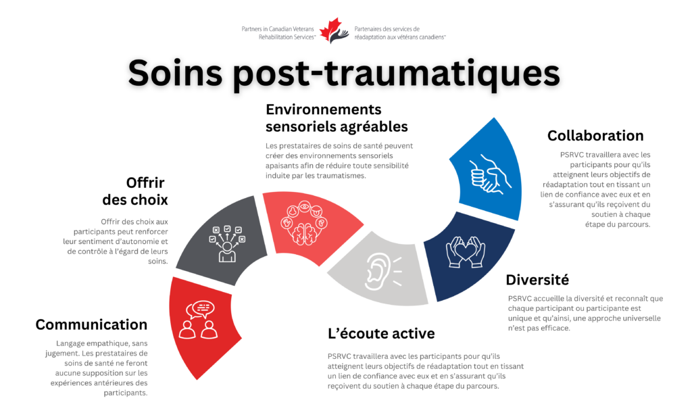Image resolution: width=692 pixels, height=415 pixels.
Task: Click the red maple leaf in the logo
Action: tap(330, 28)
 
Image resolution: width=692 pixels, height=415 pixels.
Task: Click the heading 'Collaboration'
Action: tap(595, 136)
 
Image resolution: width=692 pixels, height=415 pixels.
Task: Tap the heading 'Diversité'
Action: tap(537, 280)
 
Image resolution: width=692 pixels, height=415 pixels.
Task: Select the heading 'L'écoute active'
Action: tap(381, 333)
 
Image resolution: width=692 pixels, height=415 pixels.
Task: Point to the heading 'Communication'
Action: tap(91, 324)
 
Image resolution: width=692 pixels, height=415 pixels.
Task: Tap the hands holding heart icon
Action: tap(465, 252)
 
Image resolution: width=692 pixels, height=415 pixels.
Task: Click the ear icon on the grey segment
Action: tap(382, 272)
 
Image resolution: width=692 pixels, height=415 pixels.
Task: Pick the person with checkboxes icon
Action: tap(227, 244)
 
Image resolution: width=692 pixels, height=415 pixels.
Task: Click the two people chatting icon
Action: tap(199, 320)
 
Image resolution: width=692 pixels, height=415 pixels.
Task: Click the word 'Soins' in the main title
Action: tap(175, 73)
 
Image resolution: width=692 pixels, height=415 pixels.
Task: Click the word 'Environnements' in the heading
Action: tap(324, 109)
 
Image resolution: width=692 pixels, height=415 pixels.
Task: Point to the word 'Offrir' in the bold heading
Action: tap(145, 182)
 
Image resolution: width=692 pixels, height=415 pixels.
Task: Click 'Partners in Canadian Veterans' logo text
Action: tap(278, 29)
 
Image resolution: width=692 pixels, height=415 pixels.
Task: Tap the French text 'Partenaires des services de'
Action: tap(387, 29)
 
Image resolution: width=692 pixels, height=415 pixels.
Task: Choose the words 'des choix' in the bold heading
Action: tap(135, 200)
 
